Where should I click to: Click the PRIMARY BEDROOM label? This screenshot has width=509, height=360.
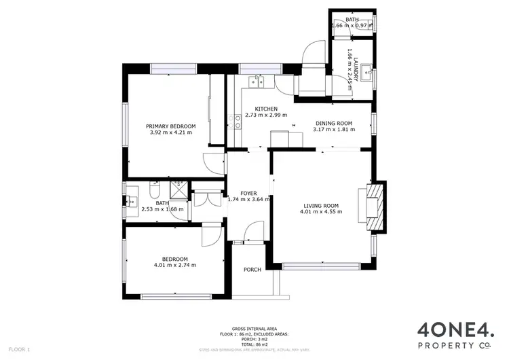(172, 126)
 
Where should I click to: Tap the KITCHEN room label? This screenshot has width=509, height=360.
(266, 109)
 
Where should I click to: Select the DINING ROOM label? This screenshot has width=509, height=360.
(333, 123)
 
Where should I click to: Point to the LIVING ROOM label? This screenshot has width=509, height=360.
(320, 205)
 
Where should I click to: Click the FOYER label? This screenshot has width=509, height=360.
(250, 193)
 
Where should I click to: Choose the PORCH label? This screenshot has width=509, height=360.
(252, 270)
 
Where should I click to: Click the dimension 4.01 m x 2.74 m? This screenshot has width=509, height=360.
(171, 265)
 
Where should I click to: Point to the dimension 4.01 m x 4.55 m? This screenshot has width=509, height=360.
(320, 211)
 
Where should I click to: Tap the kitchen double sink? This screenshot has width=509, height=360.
(258, 84)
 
